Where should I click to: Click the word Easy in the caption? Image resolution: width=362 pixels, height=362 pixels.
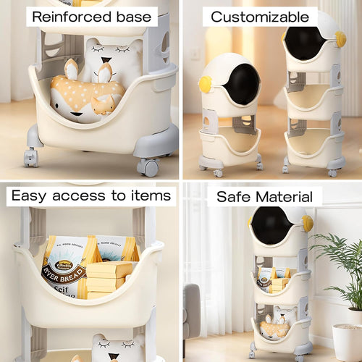pyautogui.click(x=30, y=195)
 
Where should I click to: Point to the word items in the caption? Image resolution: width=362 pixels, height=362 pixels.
pyautogui.click(x=150, y=195)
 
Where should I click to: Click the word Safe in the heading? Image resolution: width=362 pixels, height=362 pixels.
pyautogui.click(x=232, y=196)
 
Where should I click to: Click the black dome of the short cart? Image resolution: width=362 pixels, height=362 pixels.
pyautogui.click(x=240, y=84)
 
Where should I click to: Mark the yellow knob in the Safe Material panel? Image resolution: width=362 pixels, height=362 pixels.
pyautogui.click(x=308, y=223)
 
